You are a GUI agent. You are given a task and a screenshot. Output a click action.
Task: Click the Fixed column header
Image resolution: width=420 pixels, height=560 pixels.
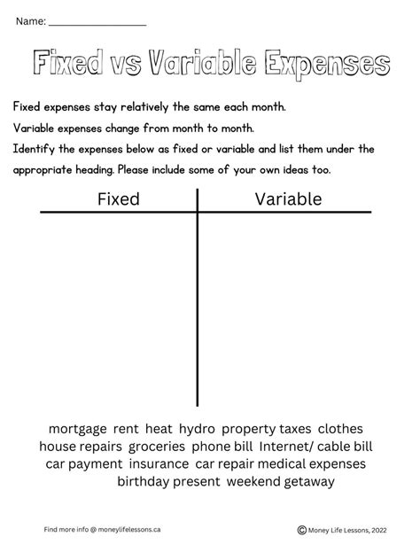pyautogui.click(x=118, y=199)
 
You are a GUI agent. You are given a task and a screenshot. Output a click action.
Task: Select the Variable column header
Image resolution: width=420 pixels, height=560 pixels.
pyautogui.click(x=288, y=199)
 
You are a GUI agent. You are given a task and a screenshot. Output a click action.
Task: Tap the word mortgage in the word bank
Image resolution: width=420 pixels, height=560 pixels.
pyautogui.click(x=77, y=428)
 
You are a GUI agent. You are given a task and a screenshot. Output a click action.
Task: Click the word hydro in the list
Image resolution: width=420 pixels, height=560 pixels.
pyautogui.click(x=195, y=428)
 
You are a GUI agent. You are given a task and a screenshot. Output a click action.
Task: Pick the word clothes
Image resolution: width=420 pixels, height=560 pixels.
pyautogui.click(x=340, y=428)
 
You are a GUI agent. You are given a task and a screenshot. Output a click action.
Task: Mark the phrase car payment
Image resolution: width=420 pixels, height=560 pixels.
pyautogui.click(x=83, y=463)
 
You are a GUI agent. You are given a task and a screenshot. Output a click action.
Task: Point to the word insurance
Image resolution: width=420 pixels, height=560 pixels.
pyautogui.click(x=159, y=463)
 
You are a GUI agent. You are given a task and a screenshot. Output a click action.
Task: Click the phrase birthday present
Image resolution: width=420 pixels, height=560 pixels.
pyautogui.click(x=167, y=481)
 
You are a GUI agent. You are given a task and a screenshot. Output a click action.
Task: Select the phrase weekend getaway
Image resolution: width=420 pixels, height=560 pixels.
pyautogui.click(x=280, y=481)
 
